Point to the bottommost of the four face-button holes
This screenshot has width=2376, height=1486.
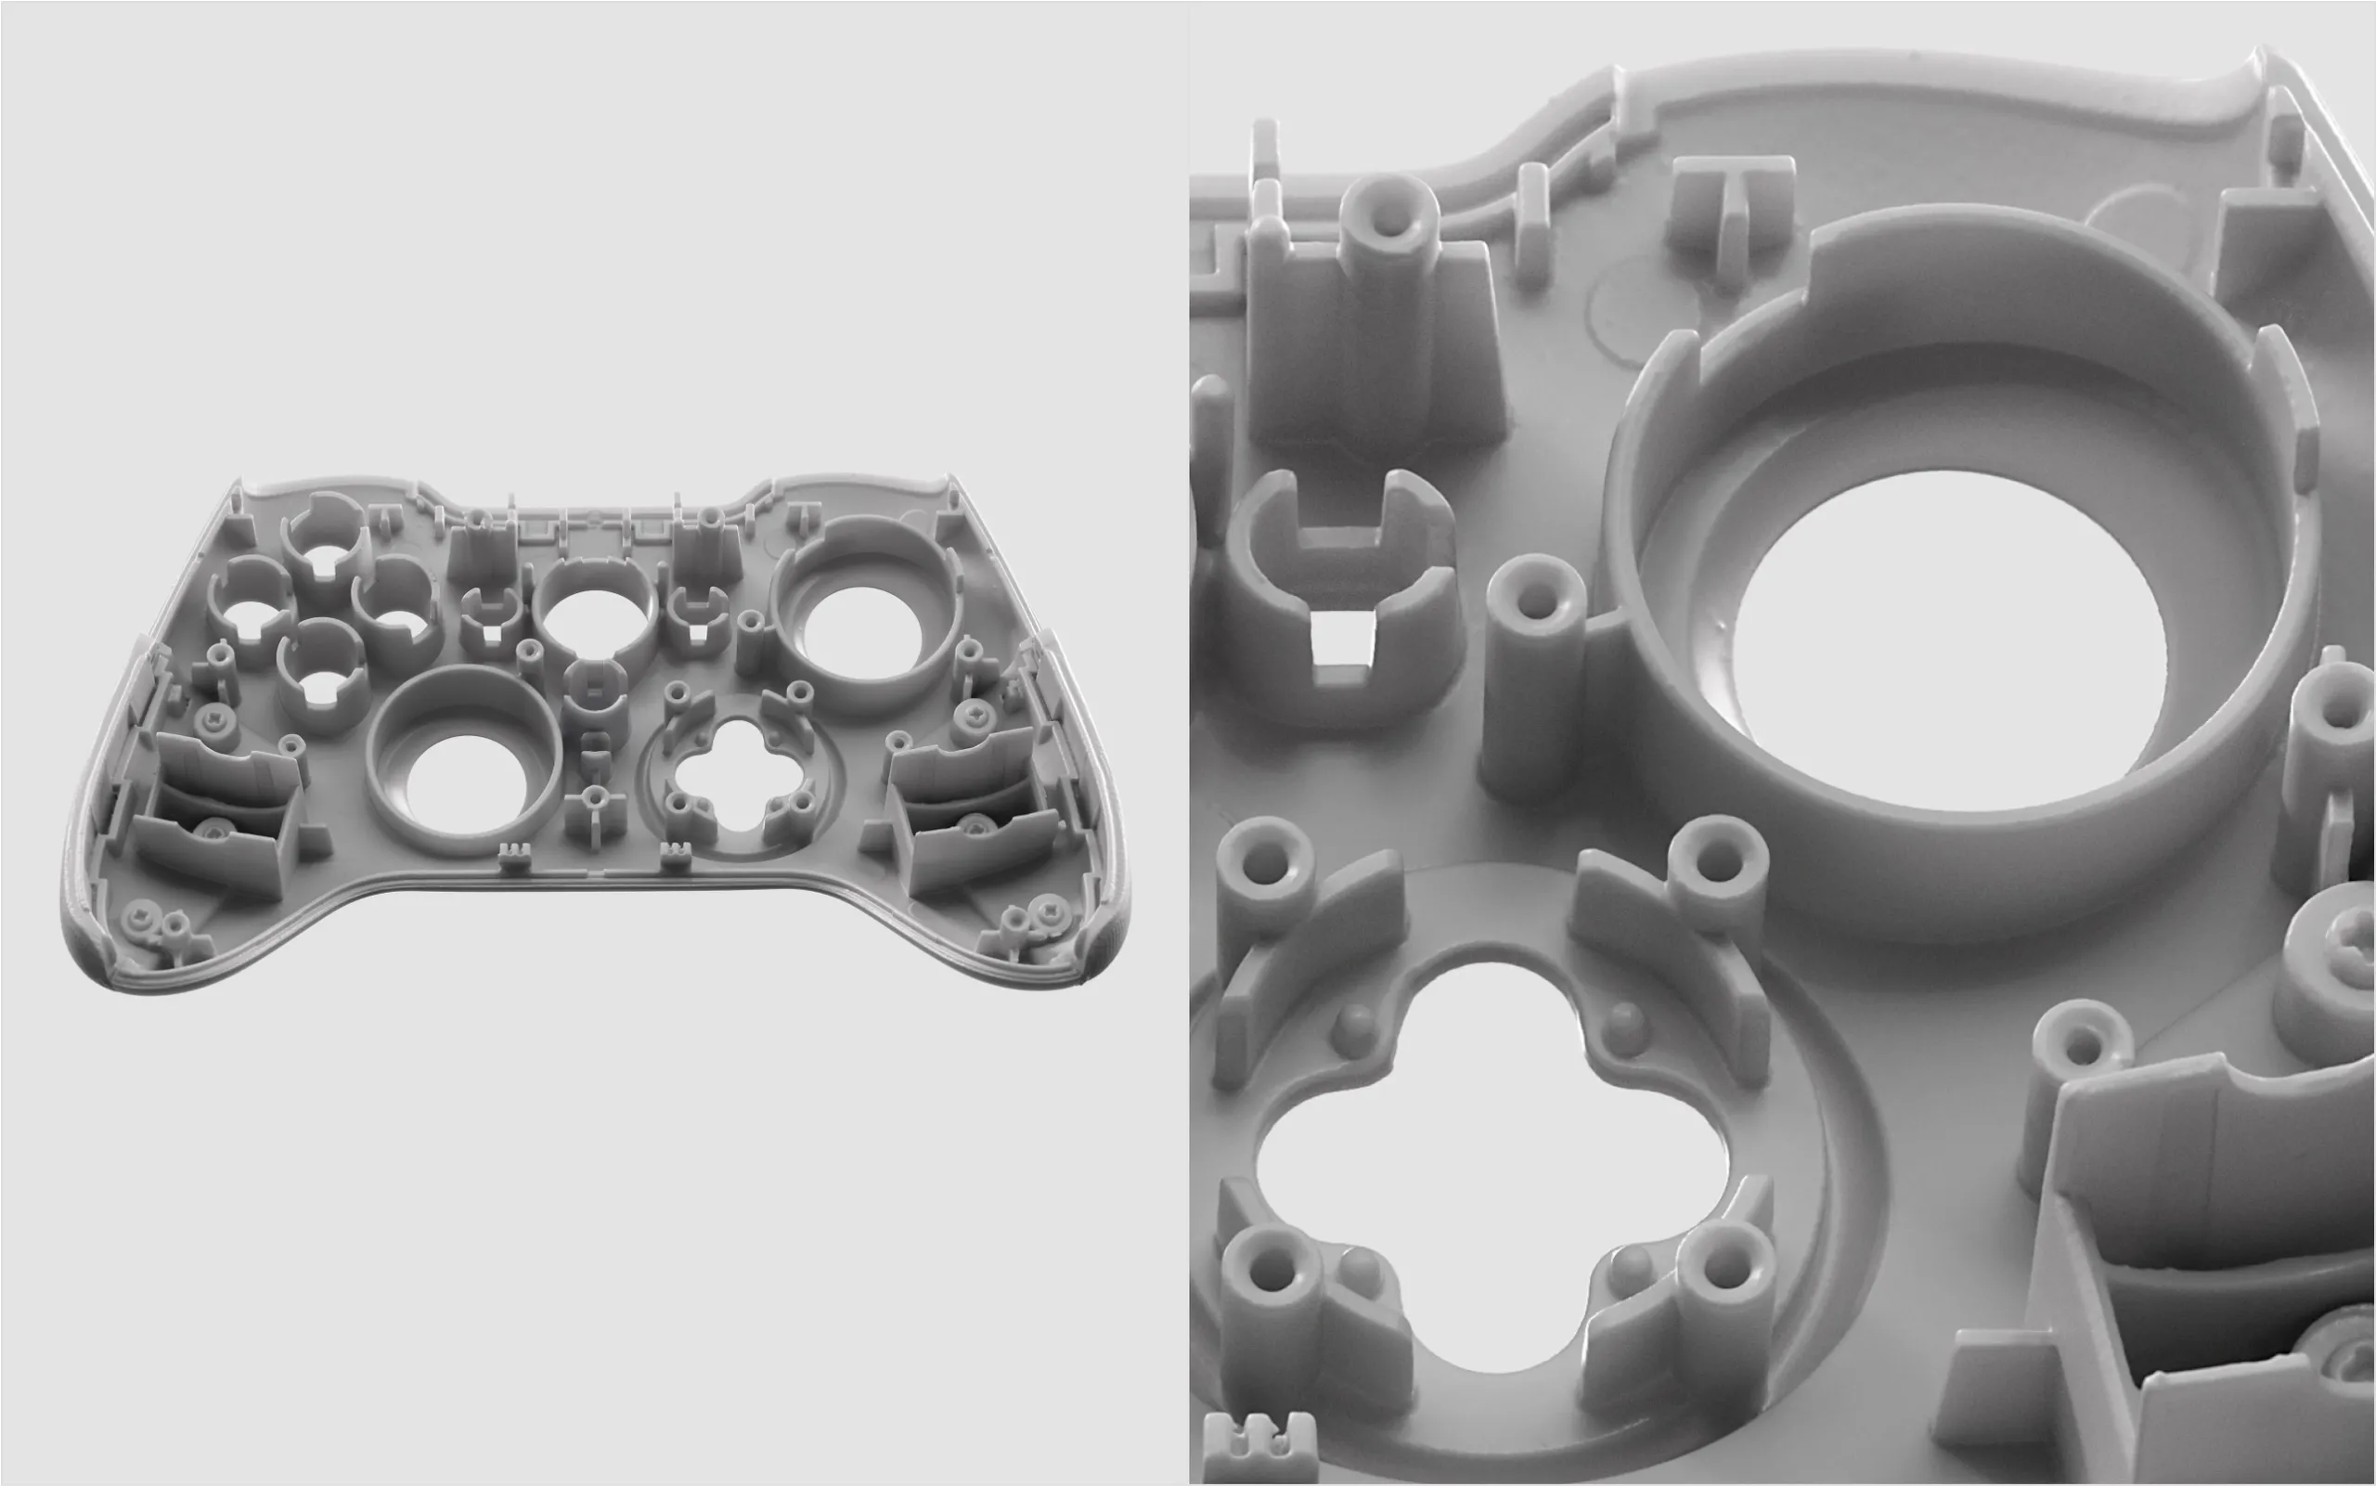coord(321,685)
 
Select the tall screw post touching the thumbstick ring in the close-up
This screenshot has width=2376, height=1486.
coord(1533,678)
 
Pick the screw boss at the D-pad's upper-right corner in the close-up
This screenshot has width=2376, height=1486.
coord(1718,870)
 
